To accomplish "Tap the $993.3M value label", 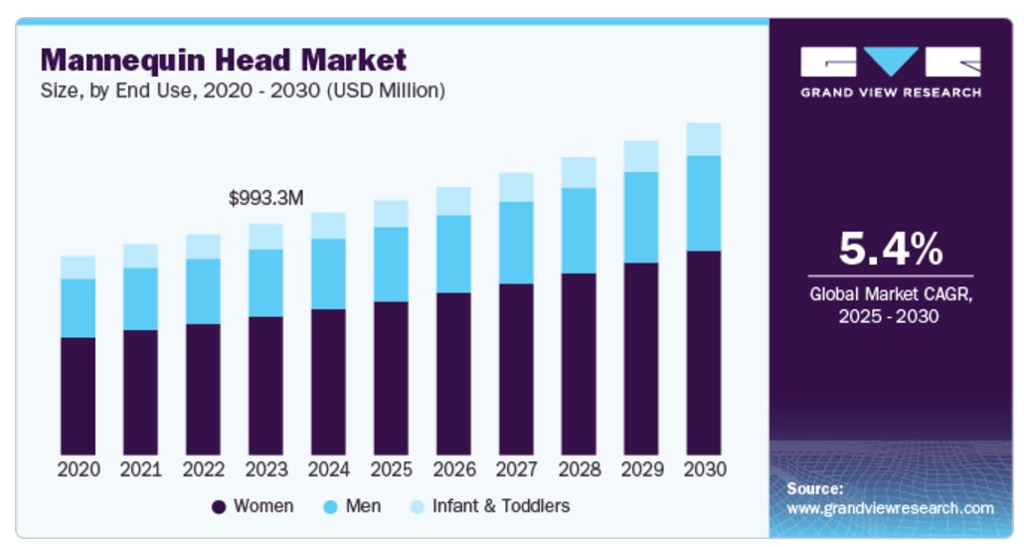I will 265,198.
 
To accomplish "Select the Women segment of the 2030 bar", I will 703,353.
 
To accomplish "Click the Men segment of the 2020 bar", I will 78,308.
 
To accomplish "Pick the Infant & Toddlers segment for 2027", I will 516,187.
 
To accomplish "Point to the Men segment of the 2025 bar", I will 391,265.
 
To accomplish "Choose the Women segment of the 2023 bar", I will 265,386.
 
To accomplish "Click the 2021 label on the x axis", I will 140,468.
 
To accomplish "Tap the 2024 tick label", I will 328,468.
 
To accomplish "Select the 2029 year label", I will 641,468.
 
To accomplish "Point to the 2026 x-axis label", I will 453,468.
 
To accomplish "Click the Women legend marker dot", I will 220,507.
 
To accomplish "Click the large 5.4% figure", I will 890,250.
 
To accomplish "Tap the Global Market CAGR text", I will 890,294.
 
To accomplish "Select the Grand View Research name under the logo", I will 891,92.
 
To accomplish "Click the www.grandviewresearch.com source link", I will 890,508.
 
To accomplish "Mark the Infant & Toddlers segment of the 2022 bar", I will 203,247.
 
